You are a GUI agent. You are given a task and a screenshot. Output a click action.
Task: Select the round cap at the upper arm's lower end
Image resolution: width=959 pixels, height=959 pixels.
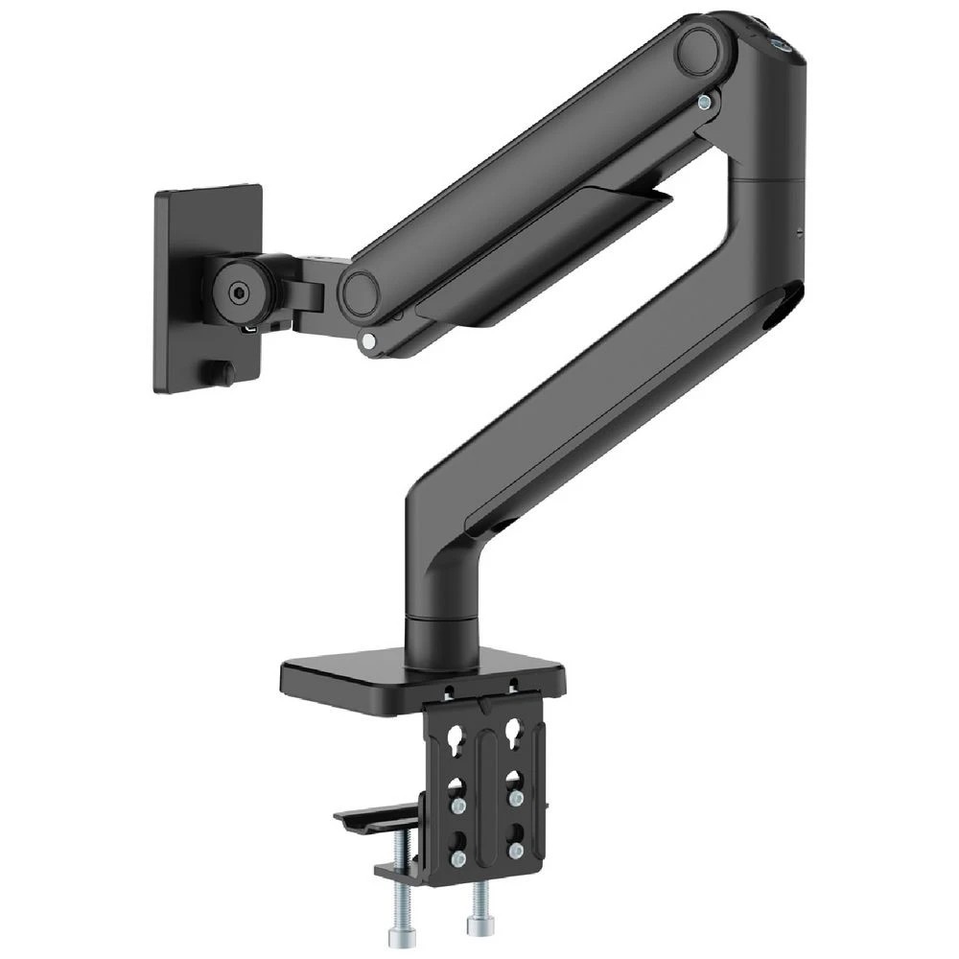tap(360, 293)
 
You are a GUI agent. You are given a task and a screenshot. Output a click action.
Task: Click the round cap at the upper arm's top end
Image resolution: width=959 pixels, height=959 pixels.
tap(698, 50)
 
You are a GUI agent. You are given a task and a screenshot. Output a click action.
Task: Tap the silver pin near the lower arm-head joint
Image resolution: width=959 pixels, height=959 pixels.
tap(367, 339)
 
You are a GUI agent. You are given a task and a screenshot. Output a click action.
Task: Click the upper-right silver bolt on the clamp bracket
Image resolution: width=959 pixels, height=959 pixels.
tap(516, 797)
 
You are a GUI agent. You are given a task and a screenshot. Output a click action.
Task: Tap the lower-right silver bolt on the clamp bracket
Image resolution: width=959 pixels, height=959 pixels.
tap(516, 849)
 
